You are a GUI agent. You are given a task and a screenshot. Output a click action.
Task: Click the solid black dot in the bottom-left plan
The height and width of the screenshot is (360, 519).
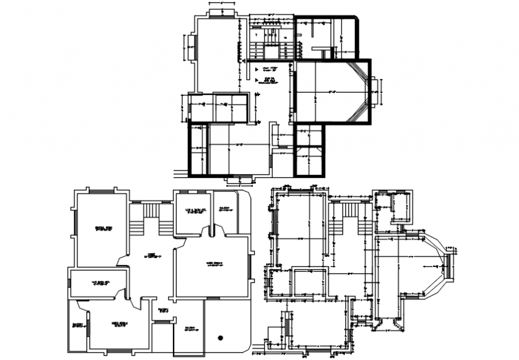click(x=220, y=338)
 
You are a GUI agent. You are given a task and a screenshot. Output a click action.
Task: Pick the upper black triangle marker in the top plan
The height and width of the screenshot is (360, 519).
click(x=257, y=69)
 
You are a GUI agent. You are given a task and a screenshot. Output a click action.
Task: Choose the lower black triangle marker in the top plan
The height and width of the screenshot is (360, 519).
click(x=257, y=79)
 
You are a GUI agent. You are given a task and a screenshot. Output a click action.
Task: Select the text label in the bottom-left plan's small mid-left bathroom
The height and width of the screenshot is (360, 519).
click(x=98, y=282)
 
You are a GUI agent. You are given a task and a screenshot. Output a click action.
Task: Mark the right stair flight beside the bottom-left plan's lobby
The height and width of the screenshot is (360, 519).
click(x=165, y=227)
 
